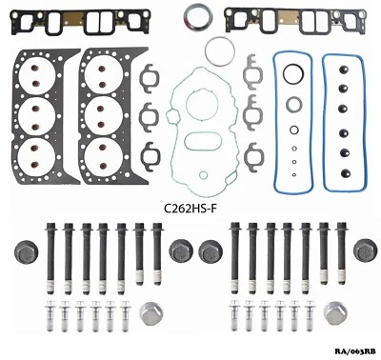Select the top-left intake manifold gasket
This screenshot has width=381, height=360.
pos(83,20)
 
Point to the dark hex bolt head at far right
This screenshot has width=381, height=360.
pos(363,250)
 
